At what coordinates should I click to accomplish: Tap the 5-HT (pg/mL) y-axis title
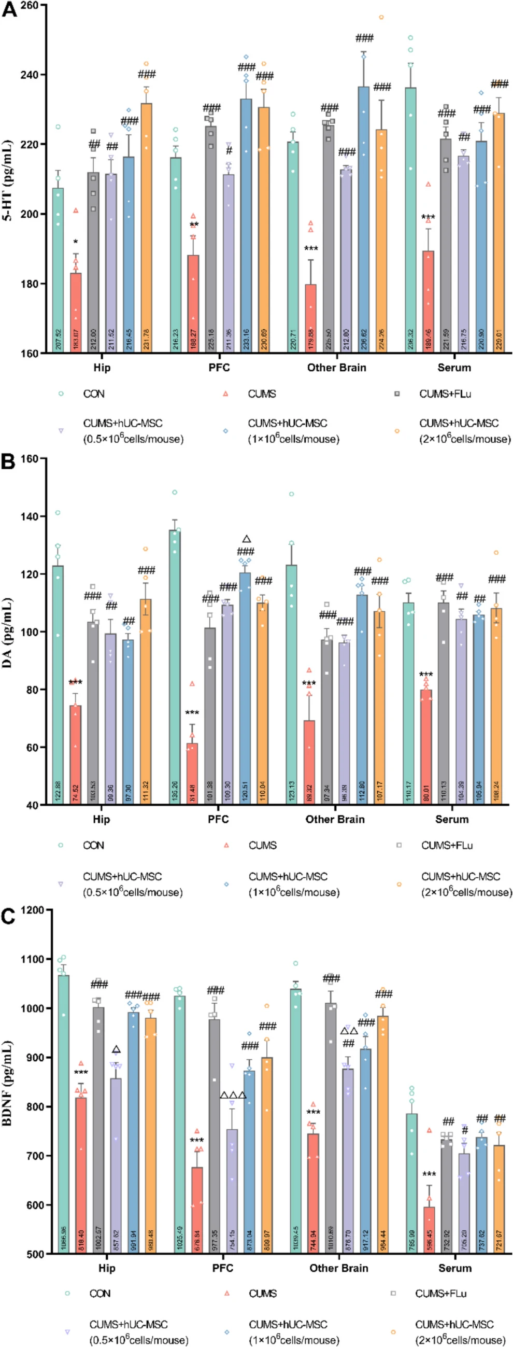coord(8,180)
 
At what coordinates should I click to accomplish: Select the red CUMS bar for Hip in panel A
coord(76,313)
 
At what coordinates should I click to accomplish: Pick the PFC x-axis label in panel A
coord(219,368)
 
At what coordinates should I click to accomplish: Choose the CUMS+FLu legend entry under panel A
coord(445,394)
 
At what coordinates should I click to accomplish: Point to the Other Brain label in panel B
coord(335,819)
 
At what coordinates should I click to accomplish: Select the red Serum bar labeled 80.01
coord(426,747)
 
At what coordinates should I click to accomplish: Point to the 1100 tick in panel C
coord(33,959)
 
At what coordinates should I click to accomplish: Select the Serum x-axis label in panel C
coord(454,1268)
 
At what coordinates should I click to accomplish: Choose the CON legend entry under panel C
coord(99,1294)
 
